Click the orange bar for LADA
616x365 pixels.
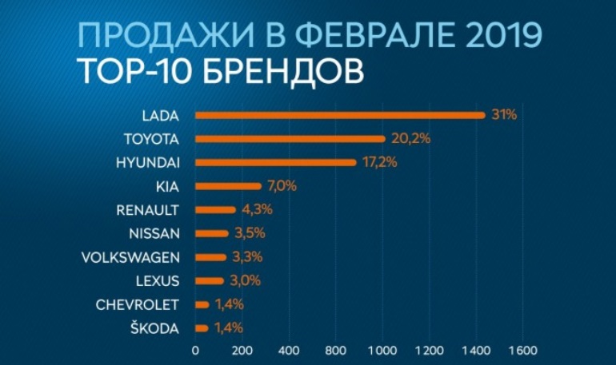click(340, 115)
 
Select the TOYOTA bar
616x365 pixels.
click(290, 139)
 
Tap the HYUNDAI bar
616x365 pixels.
click(275, 162)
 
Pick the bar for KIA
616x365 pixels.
click(228, 186)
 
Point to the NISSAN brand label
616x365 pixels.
click(154, 233)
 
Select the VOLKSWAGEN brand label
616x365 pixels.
click(132, 257)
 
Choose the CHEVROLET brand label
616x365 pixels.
click(138, 304)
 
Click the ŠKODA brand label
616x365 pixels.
click(157, 327)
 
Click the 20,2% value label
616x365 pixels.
click(411, 139)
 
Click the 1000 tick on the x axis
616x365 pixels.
click(382, 350)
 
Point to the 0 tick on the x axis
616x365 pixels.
click(195, 350)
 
